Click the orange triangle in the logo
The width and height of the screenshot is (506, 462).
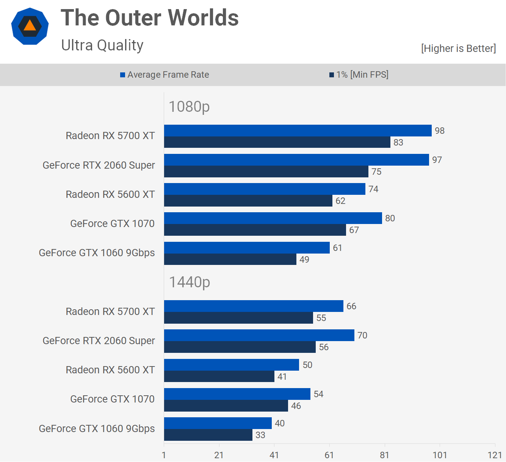[30, 25]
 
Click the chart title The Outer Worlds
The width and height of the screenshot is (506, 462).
[150, 18]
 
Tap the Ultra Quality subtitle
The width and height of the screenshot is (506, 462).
[102, 45]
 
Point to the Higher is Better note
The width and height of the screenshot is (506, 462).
[458, 49]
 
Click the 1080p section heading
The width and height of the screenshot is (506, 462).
[189, 106]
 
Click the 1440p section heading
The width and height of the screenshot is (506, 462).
[189, 282]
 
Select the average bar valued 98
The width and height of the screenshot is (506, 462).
[298, 131]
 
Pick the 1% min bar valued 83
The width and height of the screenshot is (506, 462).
[277, 143]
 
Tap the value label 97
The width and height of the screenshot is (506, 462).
[437, 160]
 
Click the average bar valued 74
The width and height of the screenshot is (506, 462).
[265, 189]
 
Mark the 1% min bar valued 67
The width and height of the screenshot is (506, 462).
[255, 230]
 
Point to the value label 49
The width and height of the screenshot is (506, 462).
[304, 260]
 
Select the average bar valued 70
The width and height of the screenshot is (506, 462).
[259, 335]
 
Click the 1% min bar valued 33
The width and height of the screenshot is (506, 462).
[208, 435]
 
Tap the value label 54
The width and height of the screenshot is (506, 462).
[318, 394]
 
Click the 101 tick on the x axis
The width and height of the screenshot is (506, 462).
[440, 455]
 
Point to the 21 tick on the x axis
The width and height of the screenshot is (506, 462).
[219, 455]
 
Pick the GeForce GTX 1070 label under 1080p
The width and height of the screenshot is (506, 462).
[112, 224]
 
